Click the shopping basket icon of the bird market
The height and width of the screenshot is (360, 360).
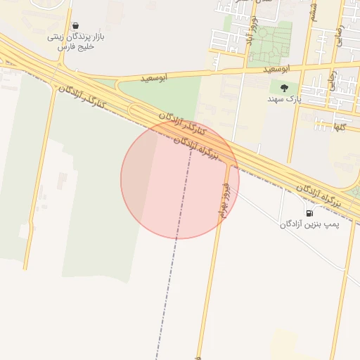[x=75, y=25]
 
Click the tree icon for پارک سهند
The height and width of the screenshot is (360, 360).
[x=284, y=88]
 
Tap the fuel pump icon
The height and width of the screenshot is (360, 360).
[x=309, y=212]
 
